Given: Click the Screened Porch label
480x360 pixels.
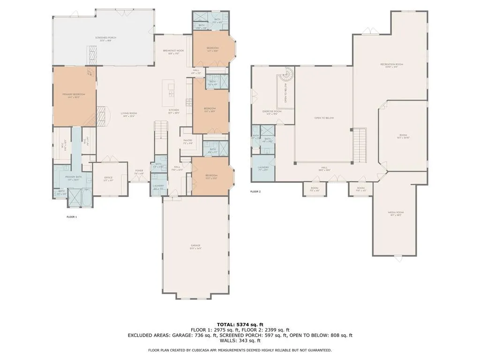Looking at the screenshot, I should tap(105, 38).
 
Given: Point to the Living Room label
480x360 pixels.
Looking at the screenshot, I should tap(128, 114).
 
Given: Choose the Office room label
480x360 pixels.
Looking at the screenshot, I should tap(108, 179).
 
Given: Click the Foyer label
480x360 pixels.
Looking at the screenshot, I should tap(139, 172).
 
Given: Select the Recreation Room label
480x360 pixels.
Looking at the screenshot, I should tap(391, 65).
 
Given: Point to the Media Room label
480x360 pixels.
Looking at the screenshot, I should tap(396, 213).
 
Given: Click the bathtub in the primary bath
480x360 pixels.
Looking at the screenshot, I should tap(88, 198).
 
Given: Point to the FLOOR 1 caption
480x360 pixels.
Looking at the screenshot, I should tap(72, 217).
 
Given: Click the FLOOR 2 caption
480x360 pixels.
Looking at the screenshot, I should tap(255, 192).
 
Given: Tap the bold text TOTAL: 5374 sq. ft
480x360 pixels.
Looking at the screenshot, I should tap(240, 324).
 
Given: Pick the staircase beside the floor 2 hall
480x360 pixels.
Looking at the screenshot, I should tap(360, 144).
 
